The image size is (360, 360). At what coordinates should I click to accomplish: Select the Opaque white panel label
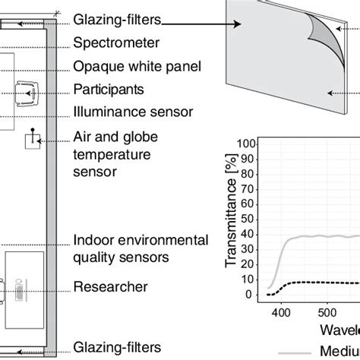click(137, 66)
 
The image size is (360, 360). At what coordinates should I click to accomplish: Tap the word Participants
click(108, 89)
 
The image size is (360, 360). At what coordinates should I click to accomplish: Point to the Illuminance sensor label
click(133, 112)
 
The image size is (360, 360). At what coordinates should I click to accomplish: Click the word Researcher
click(110, 287)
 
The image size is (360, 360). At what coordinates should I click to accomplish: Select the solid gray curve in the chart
click(319, 236)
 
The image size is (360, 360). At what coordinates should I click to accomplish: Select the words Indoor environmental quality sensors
click(141, 248)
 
